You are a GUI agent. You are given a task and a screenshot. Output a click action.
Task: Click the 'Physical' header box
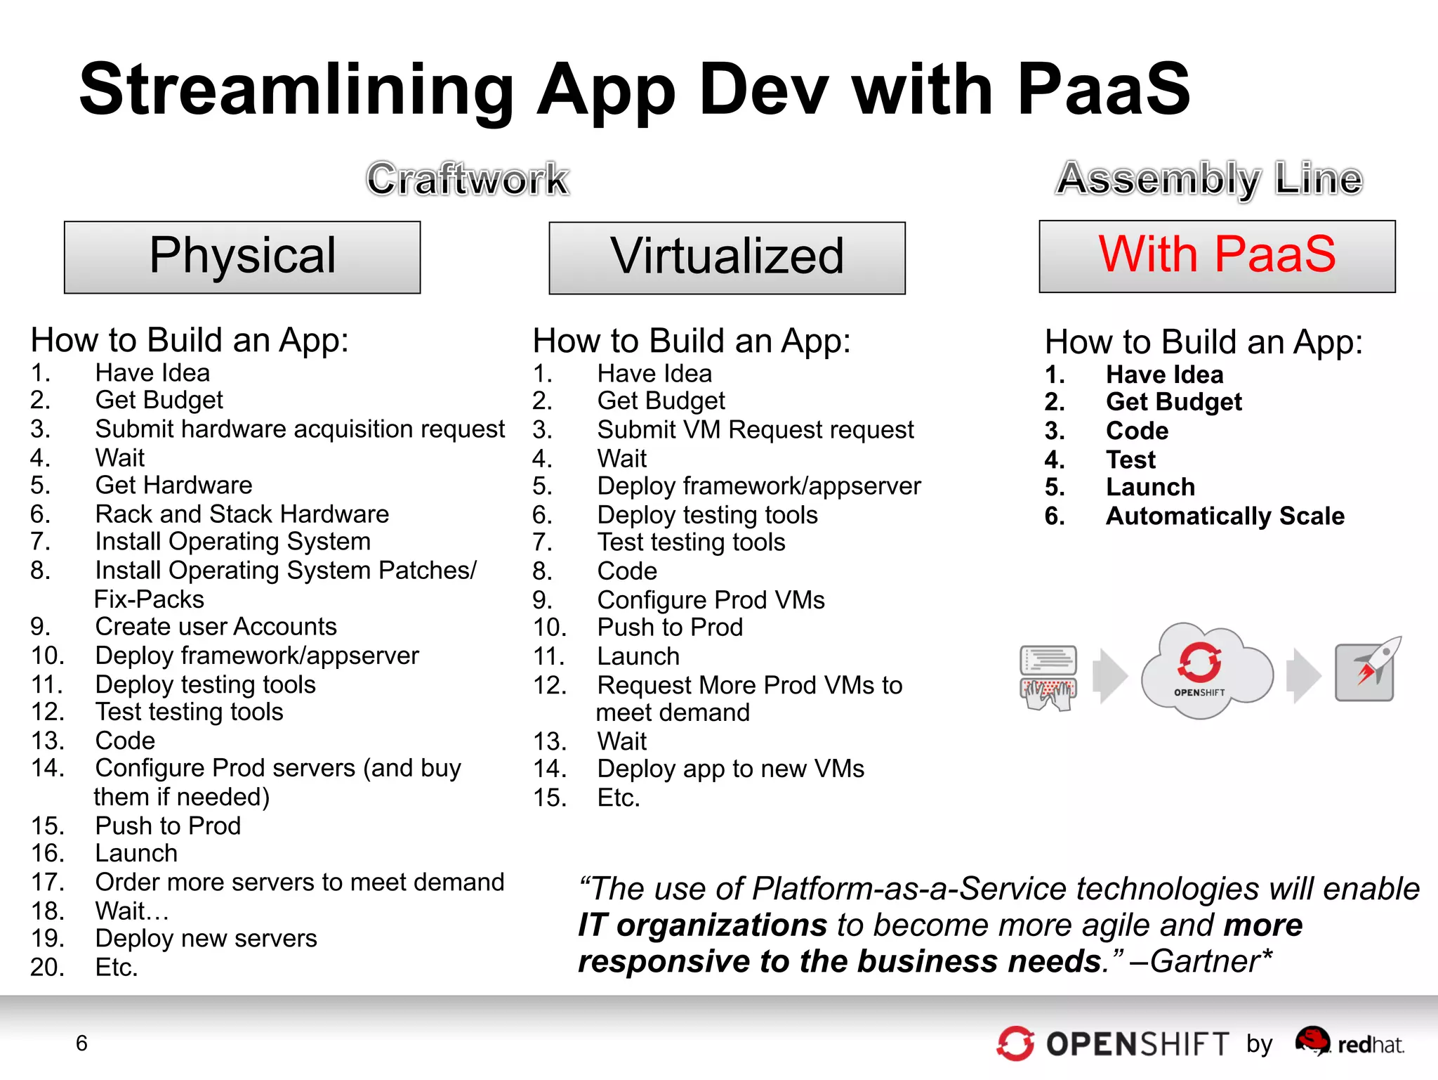242,257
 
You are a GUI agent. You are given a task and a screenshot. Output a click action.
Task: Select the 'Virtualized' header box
727,258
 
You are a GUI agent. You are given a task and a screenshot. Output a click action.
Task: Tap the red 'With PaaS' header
1217,256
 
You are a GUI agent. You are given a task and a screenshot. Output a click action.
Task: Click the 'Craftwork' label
468,179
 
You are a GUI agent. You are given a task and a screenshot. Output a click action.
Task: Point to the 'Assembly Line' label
1209,179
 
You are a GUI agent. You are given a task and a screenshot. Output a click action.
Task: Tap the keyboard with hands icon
1048,677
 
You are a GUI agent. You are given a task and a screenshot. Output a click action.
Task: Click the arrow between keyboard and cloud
1111,676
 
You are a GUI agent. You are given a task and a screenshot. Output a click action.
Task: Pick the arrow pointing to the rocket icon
1302,676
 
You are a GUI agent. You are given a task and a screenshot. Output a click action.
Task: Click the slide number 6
81,1043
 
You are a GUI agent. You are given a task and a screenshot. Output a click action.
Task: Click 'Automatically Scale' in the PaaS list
1225,516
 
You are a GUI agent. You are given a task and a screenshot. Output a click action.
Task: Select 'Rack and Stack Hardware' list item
242,514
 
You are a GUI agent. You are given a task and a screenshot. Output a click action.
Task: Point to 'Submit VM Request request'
755,429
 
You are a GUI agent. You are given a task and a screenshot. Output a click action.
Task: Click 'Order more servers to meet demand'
299,883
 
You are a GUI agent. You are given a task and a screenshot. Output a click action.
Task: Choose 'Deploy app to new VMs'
730,769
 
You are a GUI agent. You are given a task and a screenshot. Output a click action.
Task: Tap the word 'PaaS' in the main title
1104,89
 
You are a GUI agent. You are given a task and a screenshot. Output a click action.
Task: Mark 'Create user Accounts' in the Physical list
216,627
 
